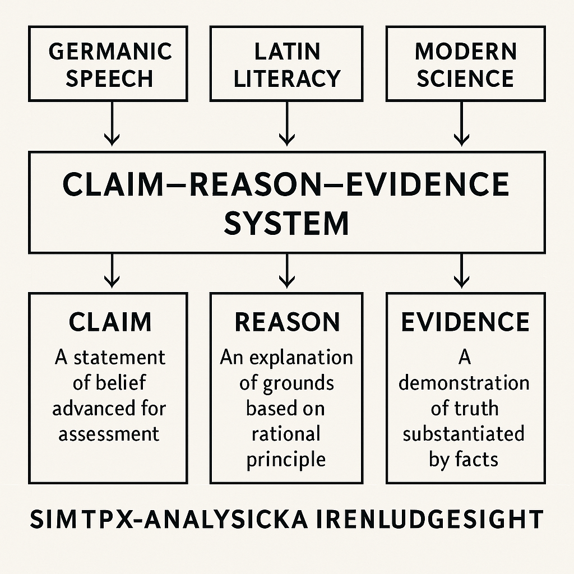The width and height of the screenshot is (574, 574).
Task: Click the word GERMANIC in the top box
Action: [x=110, y=52]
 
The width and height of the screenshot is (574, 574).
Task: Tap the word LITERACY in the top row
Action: [x=286, y=78]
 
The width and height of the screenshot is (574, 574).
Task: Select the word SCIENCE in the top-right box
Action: [x=465, y=78]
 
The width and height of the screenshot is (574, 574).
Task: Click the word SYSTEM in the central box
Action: [x=286, y=223]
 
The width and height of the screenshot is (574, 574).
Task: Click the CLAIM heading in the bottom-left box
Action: [x=110, y=322]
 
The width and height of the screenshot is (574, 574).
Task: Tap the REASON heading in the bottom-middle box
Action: [x=287, y=322]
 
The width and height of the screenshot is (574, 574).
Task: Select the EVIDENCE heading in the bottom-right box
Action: [x=465, y=322]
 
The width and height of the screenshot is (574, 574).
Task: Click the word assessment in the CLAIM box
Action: [x=109, y=433]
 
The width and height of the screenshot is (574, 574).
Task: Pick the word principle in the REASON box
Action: [x=286, y=459]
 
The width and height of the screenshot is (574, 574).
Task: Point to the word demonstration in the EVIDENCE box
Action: [x=464, y=383]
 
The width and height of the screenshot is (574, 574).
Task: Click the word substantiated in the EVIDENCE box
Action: [x=464, y=434]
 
